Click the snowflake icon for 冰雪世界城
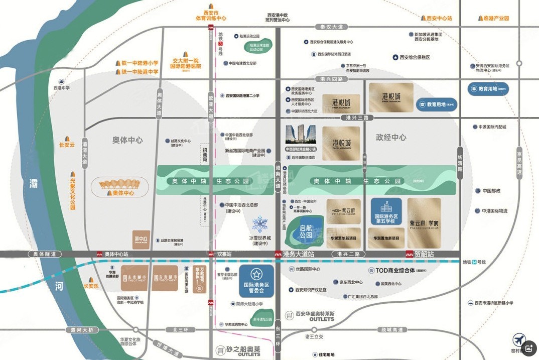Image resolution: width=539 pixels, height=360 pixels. click(260, 224)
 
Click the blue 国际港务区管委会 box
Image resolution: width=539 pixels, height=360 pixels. click(256, 281)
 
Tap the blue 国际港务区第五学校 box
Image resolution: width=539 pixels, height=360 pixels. click(386, 211)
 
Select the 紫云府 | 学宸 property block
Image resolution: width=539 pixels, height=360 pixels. click(424, 223)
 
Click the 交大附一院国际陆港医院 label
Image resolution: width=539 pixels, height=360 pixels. click(185, 63)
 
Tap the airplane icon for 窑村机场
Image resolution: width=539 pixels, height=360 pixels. click(518, 339)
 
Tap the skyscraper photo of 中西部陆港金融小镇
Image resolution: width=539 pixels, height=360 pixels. click(300, 135)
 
